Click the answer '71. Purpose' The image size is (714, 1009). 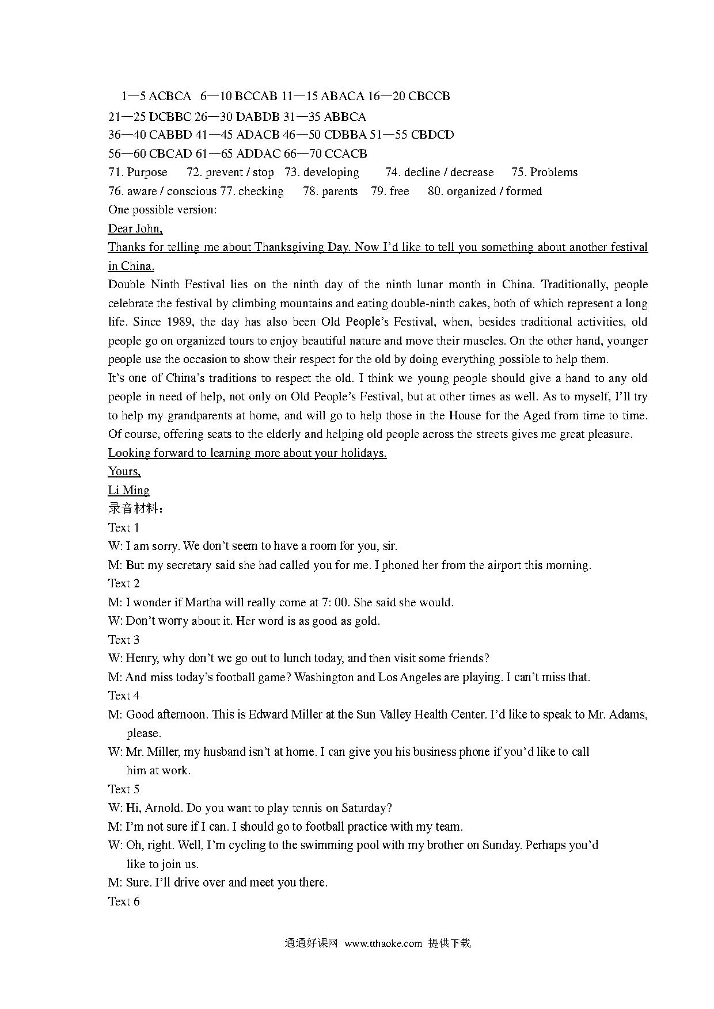tap(138, 173)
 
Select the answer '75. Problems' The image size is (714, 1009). tap(544, 173)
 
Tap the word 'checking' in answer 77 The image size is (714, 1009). tap(261, 191)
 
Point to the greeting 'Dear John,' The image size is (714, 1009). tap(135, 228)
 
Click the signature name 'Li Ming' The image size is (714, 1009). tap(128, 490)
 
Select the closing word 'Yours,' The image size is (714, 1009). tap(124, 472)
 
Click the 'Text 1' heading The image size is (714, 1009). tap(124, 528)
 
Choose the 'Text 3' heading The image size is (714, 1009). tap(124, 640)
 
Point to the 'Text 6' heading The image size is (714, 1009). tap(124, 901)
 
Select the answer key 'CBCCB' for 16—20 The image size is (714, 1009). tap(429, 96)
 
